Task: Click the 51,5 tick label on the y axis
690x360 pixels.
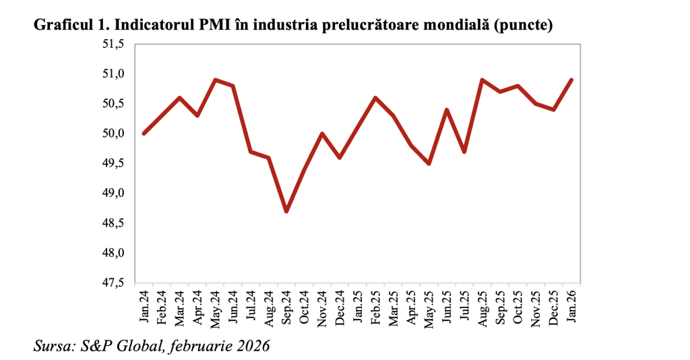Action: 114,44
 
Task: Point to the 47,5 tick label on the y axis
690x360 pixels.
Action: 114,283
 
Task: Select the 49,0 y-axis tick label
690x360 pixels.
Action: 114,193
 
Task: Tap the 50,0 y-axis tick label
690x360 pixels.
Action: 114,133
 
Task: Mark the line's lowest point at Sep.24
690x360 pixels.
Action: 286,212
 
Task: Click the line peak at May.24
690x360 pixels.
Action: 215,80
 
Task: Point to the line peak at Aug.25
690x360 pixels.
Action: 482,80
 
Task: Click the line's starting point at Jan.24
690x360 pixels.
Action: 144,133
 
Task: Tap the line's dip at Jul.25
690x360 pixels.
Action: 465,152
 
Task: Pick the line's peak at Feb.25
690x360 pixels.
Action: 375,98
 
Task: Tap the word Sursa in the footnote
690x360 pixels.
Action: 53,347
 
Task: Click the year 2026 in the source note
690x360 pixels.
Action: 251,347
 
